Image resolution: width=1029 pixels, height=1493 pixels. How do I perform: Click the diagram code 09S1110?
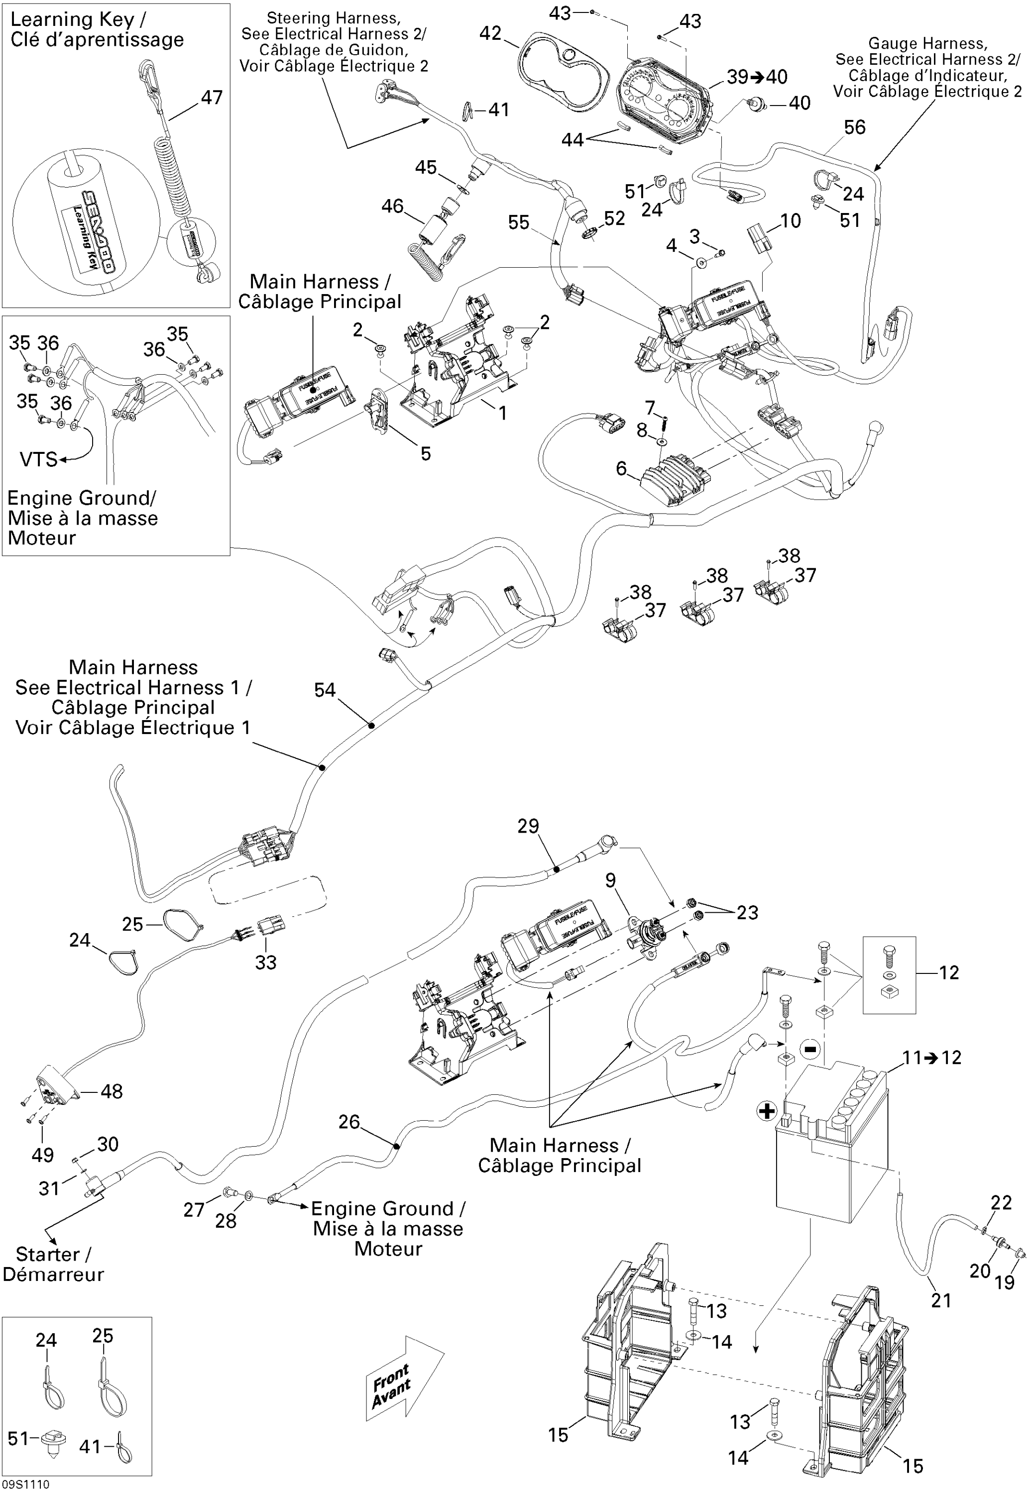pyautogui.click(x=25, y=1485)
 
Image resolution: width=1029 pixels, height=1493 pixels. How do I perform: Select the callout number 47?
pyautogui.click(x=212, y=98)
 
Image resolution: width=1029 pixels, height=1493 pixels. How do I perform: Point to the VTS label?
pyautogui.click(x=39, y=459)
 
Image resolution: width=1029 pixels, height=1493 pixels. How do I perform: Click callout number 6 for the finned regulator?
pyautogui.click(x=621, y=468)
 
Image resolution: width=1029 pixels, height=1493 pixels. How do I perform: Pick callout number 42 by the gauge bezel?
pyautogui.click(x=491, y=33)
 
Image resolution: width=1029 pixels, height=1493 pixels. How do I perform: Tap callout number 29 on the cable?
pyautogui.click(x=528, y=826)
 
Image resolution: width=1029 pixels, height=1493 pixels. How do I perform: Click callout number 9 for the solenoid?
pyautogui.click(x=610, y=880)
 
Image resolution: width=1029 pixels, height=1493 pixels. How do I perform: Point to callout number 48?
pyautogui.click(x=112, y=1091)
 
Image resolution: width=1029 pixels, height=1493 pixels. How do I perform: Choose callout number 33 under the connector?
pyautogui.click(x=266, y=962)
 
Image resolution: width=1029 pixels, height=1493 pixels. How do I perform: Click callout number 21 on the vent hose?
pyautogui.click(x=941, y=1300)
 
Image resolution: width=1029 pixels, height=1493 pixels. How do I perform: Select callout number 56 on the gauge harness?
pyautogui.click(x=854, y=127)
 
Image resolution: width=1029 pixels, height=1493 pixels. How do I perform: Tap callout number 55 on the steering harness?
pyautogui.click(x=518, y=222)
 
